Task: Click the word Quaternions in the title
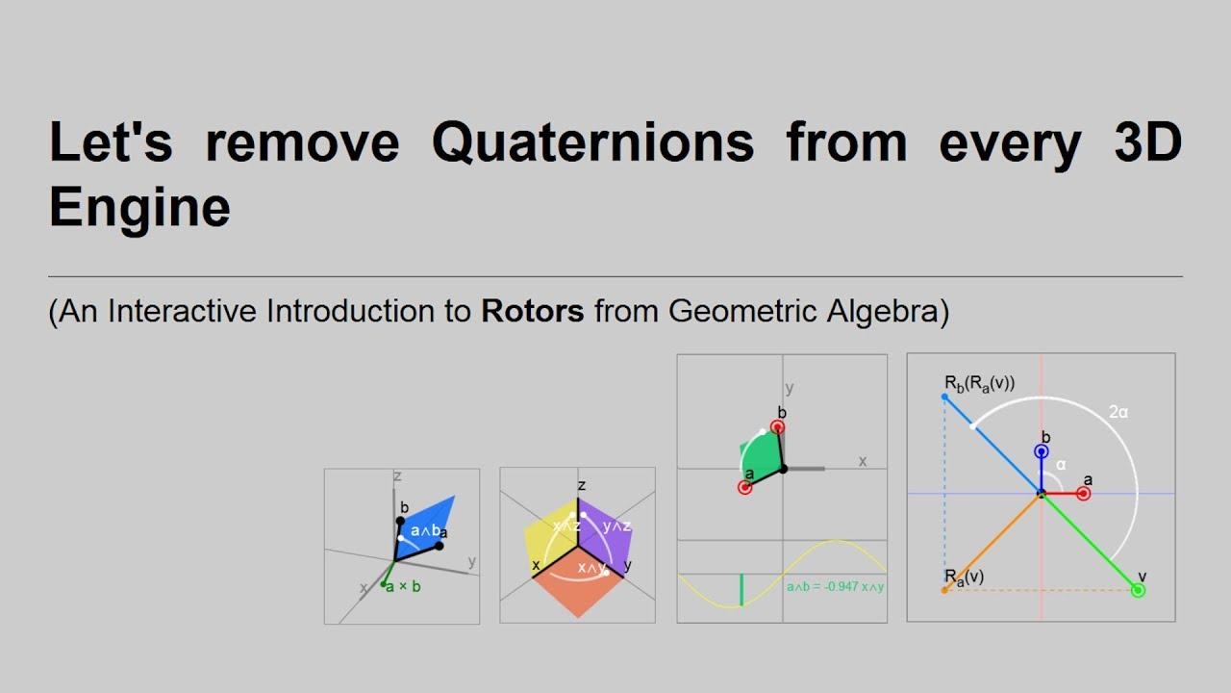click(592, 142)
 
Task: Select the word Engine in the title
click(139, 207)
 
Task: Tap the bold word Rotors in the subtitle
click(533, 311)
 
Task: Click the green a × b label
click(403, 587)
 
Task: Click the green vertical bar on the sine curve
click(741, 589)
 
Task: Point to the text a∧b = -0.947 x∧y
click(835, 586)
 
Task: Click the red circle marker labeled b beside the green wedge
click(778, 427)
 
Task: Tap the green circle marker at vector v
click(1139, 590)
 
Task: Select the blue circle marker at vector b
click(1041, 451)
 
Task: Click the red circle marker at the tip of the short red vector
click(1084, 494)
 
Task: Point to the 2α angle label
click(1118, 412)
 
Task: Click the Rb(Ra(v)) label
click(979, 384)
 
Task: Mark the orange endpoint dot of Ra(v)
click(944, 590)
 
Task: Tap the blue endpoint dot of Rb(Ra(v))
click(944, 397)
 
